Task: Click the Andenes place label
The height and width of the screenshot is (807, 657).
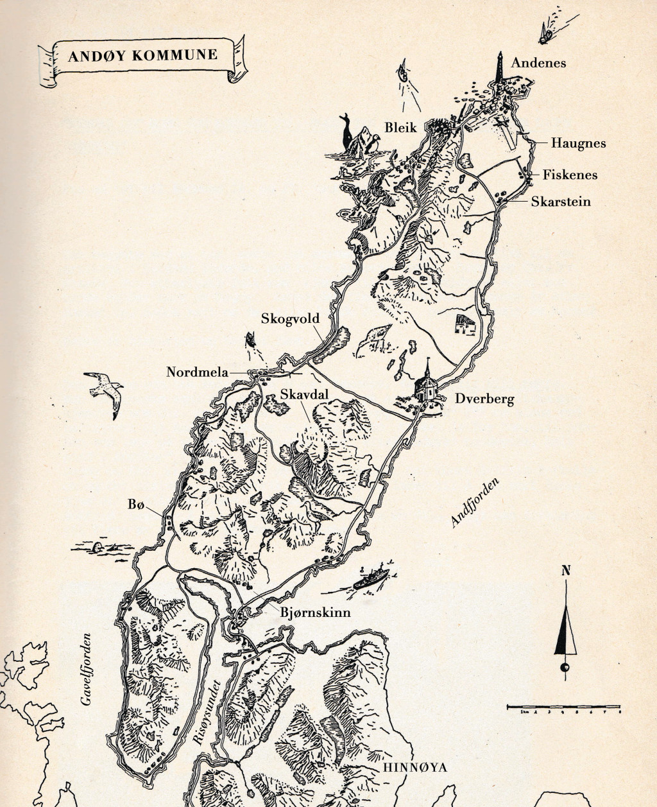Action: tap(538, 63)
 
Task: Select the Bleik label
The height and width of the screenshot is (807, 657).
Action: tap(400, 128)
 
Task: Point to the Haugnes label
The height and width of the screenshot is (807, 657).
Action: tap(578, 143)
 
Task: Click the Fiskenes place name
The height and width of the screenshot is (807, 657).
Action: tap(570, 175)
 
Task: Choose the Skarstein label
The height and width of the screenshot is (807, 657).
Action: tap(560, 202)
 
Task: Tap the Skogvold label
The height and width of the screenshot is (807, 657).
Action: tap(290, 318)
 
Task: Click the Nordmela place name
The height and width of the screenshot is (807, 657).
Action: tap(197, 372)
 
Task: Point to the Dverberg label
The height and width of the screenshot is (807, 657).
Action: tap(484, 399)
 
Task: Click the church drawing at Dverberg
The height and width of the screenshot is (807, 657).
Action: tap(427, 385)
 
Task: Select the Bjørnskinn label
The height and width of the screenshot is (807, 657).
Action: tap(315, 612)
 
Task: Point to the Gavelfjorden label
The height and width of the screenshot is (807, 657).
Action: tap(87, 670)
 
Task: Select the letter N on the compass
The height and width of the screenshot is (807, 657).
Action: tap(565, 570)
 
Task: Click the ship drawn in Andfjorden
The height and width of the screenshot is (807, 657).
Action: tap(370, 576)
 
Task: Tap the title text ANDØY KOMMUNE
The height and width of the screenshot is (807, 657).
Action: tap(142, 55)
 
